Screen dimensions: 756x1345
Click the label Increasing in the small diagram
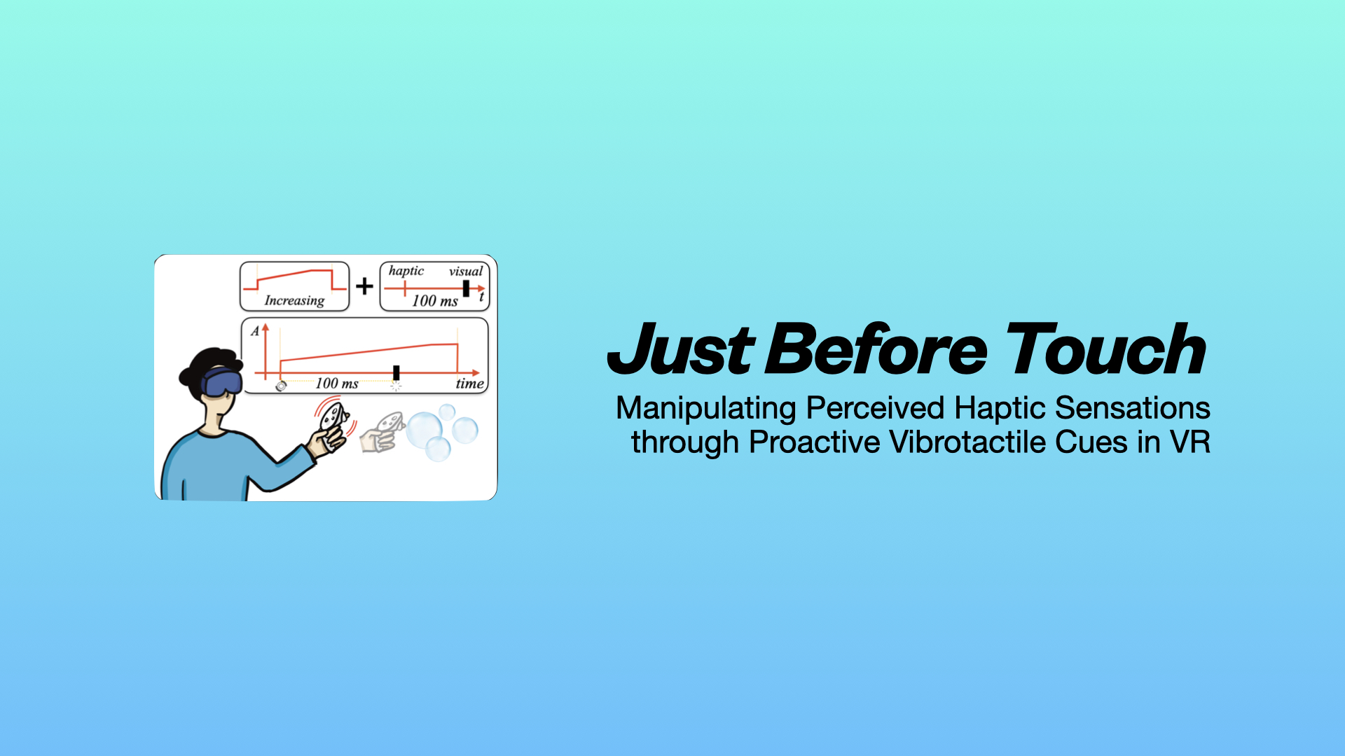coord(294,300)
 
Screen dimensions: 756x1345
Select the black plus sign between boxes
coord(364,286)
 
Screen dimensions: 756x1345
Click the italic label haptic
coord(406,271)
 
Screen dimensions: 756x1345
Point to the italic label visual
coord(466,271)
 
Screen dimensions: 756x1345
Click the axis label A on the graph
coord(255,331)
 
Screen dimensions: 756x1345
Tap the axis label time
coord(469,384)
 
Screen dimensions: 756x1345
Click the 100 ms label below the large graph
coord(336,384)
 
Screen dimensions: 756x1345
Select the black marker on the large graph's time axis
coord(396,372)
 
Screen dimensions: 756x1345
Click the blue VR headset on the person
coord(222,382)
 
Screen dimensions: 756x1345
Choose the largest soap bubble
coord(425,429)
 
